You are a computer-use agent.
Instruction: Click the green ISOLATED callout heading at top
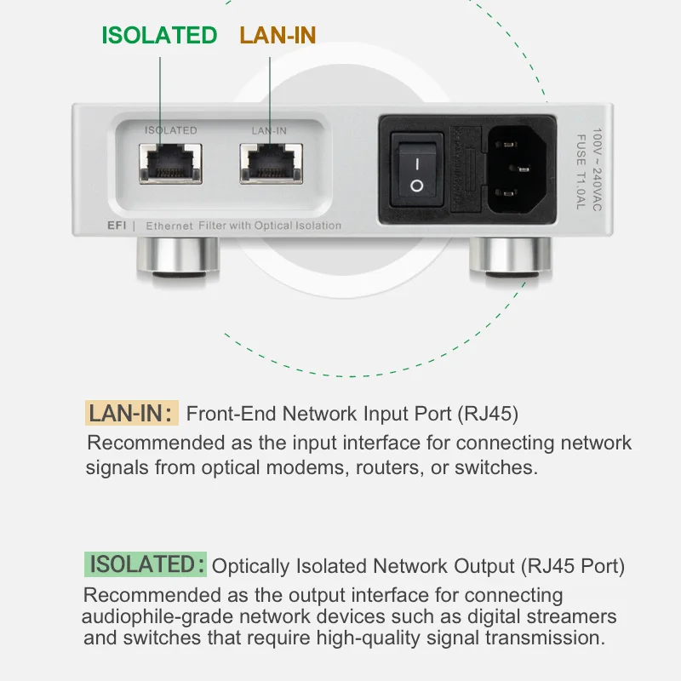159,35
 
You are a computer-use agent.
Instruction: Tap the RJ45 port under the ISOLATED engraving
170,162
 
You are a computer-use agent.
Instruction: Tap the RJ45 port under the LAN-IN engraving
270,162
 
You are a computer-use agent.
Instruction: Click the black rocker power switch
416,172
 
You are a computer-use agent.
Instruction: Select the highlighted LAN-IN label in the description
132,414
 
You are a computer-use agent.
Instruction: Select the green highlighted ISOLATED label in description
146,564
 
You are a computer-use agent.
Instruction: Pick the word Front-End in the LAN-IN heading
231,415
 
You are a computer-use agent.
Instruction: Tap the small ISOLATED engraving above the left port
170,130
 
